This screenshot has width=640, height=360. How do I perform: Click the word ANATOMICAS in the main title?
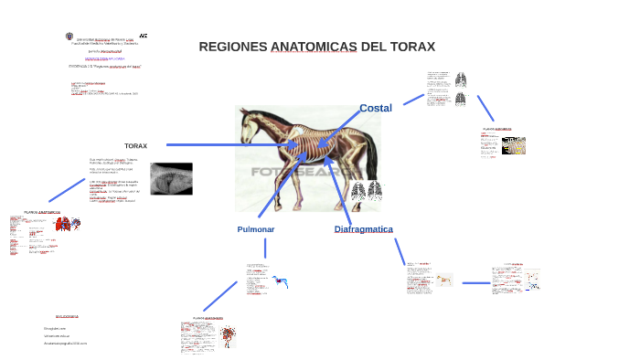(314, 47)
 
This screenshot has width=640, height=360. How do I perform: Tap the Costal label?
(375, 108)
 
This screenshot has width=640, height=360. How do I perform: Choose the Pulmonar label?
(255, 229)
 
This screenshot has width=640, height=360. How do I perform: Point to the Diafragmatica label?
(363, 229)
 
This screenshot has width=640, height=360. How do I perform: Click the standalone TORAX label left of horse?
(135, 145)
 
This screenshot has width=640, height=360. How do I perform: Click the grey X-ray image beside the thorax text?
(171, 178)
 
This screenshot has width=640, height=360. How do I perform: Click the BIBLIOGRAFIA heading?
(67, 316)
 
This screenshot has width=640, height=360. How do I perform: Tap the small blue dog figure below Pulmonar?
(280, 282)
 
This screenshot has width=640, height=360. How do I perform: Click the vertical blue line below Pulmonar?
(265, 249)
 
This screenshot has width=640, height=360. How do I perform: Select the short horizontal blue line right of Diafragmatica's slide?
(475, 282)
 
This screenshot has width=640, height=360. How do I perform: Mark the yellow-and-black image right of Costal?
(514, 145)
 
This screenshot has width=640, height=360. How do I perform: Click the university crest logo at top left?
(70, 37)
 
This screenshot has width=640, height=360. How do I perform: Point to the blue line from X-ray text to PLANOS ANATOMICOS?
(66, 191)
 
